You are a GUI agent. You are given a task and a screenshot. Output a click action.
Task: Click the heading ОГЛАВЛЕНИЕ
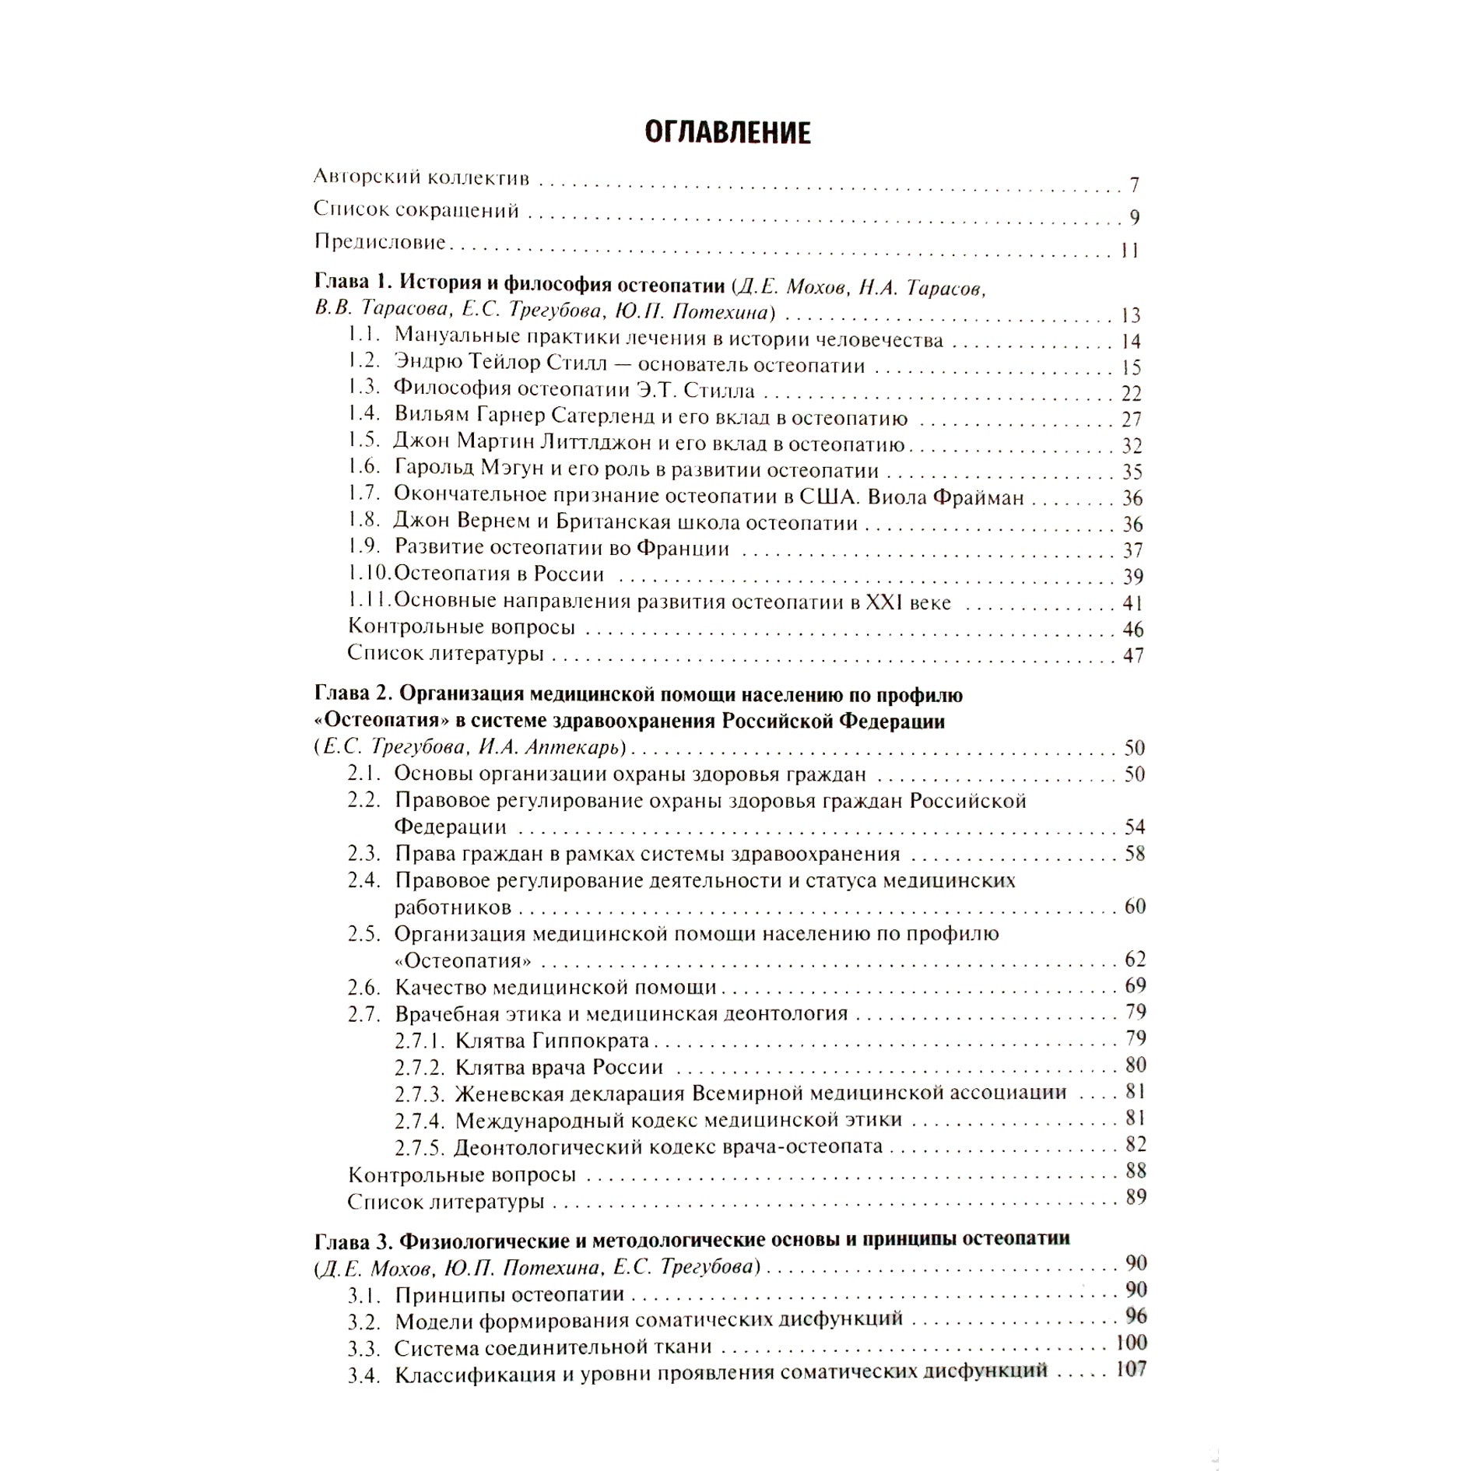(728, 133)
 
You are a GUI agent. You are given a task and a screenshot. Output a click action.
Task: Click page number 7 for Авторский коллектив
(1134, 185)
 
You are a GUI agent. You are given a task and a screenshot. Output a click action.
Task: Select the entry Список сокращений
(416, 211)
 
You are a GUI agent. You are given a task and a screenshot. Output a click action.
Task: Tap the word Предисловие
(380, 242)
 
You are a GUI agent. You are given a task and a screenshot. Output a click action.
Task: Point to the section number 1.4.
(363, 413)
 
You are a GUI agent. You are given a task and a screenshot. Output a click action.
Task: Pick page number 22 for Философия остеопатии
(1131, 393)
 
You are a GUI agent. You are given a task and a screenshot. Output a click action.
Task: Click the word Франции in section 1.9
(683, 549)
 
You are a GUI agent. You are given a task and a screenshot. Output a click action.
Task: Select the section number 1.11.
(368, 601)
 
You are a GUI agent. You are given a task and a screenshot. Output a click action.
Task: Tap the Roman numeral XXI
(883, 602)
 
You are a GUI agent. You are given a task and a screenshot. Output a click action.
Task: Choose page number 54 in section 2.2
(1134, 827)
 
